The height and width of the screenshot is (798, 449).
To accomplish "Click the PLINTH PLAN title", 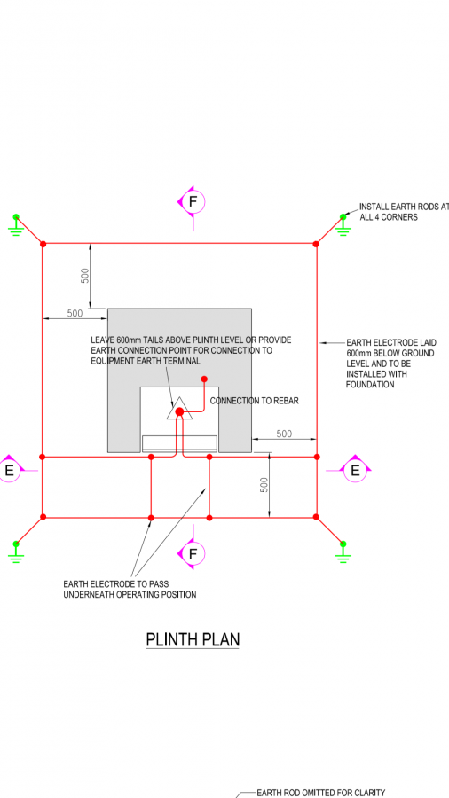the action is pyautogui.click(x=193, y=639).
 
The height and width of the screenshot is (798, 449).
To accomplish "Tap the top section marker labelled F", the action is pyautogui.click(x=192, y=202).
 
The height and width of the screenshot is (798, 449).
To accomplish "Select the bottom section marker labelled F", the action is pyautogui.click(x=192, y=553).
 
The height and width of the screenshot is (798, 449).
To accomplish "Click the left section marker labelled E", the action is pyautogui.click(x=9, y=470).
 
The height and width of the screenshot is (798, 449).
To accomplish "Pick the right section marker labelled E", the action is pyautogui.click(x=355, y=470).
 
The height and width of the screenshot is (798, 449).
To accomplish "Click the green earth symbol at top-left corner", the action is pyautogui.click(x=16, y=224).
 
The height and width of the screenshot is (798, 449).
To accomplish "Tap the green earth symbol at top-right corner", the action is pyautogui.click(x=343, y=224).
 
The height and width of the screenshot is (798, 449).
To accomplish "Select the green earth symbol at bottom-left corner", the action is pyautogui.click(x=16, y=552).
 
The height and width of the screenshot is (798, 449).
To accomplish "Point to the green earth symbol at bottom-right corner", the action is pyautogui.click(x=343, y=552).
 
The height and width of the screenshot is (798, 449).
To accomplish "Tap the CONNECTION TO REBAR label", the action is pyautogui.click(x=254, y=401).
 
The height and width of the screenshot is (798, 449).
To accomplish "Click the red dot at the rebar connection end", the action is pyautogui.click(x=204, y=379).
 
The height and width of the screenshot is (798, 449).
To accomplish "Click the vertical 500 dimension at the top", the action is pyautogui.click(x=85, y=275).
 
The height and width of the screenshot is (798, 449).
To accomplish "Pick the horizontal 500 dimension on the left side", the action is pyautogui.click(x=75, y=313).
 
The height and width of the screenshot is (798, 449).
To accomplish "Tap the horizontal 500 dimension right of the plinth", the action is pyautogui.click(x=284, y=434).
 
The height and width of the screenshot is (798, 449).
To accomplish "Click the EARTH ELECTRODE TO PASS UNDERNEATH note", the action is pyautogui.click(x=130, y=589).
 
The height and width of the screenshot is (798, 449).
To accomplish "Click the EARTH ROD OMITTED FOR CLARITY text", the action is pyautogui.click(x=320, y=793).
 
